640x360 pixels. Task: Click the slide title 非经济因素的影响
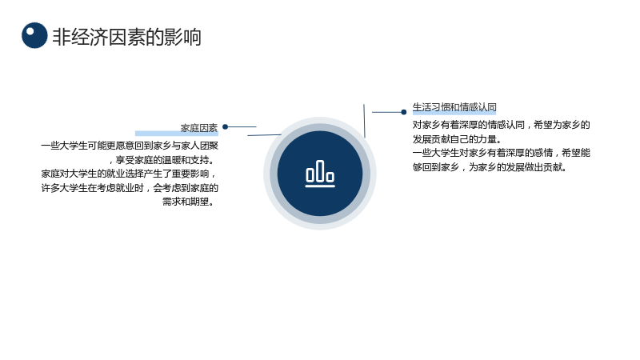[x=127, y=37]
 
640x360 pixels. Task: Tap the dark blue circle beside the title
[x=34, y=35]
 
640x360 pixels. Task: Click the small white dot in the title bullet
[x=30, y=30]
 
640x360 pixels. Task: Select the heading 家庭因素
[x=199, y=128]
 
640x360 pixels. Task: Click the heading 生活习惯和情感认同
[x=454, y=107]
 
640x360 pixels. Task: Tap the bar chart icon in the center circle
[x=320, y=174]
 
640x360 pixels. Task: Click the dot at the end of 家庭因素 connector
[x=225, y=126]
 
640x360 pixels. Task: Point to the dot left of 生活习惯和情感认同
[x=404, y=112]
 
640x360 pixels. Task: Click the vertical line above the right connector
[x=364, y=121]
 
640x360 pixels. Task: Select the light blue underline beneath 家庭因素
[x=176, y=134]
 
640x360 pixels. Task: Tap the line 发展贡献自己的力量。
[x=457, y=139]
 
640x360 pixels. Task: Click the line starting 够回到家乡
[x=489, y=167]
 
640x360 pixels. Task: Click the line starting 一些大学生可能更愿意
[x=130, y=146]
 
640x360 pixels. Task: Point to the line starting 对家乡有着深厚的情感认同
[x=502, y=125]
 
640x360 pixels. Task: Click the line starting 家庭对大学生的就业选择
[x=128, y=174]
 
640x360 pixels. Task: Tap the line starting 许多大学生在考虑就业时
[x=130, y=188]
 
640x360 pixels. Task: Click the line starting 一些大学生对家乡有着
[x=502, y=153]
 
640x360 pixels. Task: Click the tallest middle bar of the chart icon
[x=320, y=170]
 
